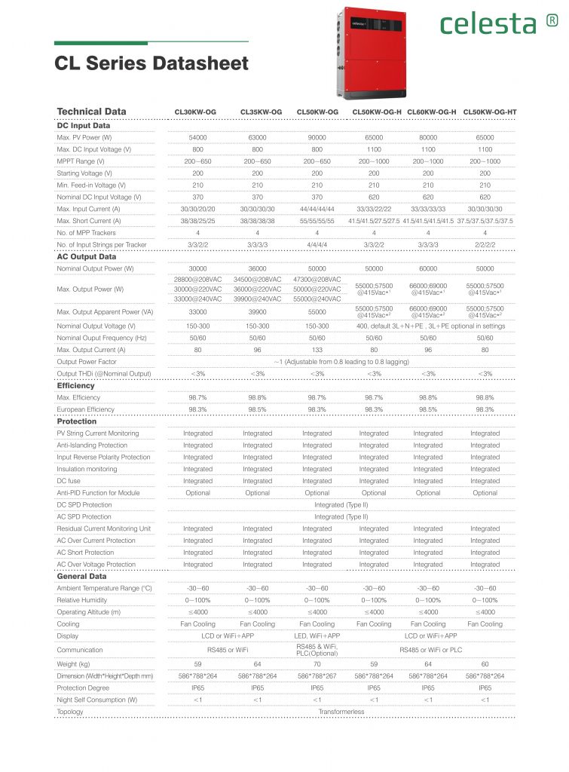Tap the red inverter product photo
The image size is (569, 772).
(372, 53)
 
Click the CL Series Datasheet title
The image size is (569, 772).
(151, 63)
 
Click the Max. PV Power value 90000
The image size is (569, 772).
(317, 138)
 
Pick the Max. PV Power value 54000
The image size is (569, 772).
(197, 138)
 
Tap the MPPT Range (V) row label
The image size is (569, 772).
(81, 161)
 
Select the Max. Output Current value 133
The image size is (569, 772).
(317, 350)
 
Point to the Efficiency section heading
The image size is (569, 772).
(76, 385)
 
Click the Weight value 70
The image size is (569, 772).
(317, 664)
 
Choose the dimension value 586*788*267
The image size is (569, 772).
(317, 676)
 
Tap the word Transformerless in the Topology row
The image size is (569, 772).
(341, 711)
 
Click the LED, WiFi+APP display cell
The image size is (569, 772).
(317, 636)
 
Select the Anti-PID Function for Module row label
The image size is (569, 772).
(98, 493)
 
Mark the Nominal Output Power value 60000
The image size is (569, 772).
(427, 268)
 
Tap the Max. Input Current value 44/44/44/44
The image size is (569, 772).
(317, 209)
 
